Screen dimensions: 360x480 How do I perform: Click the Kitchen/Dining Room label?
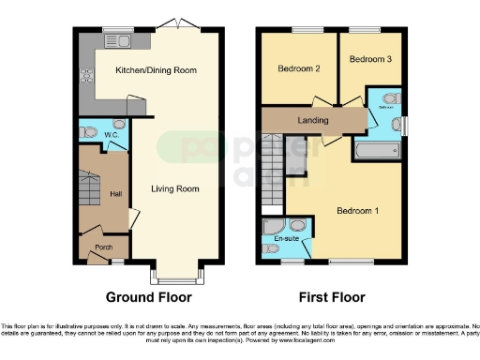[156, 70]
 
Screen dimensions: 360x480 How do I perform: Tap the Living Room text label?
[175, 188]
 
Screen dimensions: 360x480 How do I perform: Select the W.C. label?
[110, 135]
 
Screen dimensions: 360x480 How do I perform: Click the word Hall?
[116, 194]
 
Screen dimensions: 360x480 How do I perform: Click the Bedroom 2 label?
[299, 68]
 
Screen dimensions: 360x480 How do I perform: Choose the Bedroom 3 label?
[368, 59]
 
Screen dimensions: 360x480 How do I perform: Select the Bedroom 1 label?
[356, 210]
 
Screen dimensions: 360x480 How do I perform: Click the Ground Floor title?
[149, 297]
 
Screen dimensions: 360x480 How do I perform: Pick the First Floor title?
[331, 297]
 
